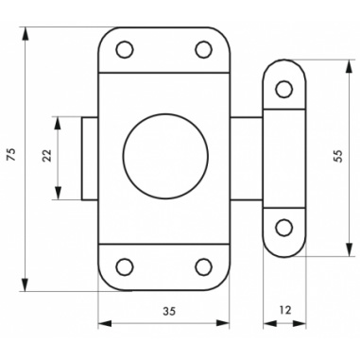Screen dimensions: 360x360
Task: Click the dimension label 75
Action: pos(11,154)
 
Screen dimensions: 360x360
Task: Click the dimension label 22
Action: pos(47,155)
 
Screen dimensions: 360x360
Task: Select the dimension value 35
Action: pos(169,311)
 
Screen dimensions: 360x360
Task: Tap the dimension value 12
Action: pos(285,310)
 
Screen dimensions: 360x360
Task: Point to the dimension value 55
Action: pos(337,156)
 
